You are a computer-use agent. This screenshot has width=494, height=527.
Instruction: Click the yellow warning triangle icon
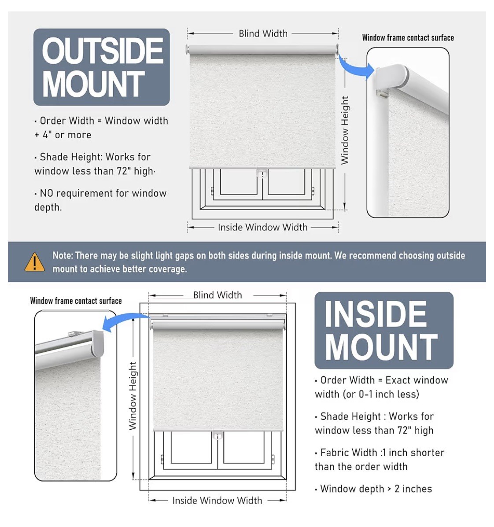click(34, 262)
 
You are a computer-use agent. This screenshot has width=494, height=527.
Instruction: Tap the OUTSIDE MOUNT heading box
click(102, 67)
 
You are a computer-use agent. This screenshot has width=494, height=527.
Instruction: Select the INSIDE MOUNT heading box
click(384, 330)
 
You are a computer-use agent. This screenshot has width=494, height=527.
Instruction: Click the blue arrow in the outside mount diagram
click(356, 66)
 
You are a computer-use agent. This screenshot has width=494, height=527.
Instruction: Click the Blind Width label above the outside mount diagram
click(263, 33)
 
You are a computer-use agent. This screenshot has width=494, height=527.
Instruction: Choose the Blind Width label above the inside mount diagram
click(218, 295)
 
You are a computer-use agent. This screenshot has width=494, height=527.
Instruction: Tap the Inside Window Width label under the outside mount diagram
click(262, 228)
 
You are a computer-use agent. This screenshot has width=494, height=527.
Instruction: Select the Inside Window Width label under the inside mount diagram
click(217, 501)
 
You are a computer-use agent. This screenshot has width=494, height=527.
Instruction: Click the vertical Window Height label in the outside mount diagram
click(345, 130)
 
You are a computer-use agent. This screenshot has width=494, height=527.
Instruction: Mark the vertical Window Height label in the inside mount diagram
click(133, 396)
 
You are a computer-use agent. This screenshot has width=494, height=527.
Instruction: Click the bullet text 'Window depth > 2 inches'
click(373, 489)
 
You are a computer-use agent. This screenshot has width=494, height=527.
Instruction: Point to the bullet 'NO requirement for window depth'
click(100, 200)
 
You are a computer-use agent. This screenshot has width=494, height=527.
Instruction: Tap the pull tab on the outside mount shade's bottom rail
click(262, 172)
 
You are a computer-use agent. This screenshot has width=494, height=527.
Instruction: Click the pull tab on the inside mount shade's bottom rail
click(218, 435)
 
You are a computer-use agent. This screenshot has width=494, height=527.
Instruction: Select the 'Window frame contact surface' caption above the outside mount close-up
click(408, 38)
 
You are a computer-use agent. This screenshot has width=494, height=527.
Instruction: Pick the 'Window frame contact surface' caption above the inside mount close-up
click(76, 301)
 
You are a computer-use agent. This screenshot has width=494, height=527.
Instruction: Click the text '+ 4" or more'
click(63, 135)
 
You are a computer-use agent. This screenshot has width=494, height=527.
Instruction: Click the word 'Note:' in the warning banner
click(63, 256)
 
